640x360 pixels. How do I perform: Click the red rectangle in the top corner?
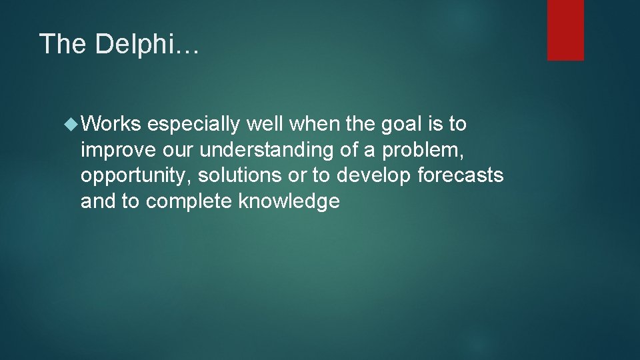coord(565,30)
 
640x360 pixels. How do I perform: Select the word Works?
coord(111,125)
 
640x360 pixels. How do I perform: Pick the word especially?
coord(194,125)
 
